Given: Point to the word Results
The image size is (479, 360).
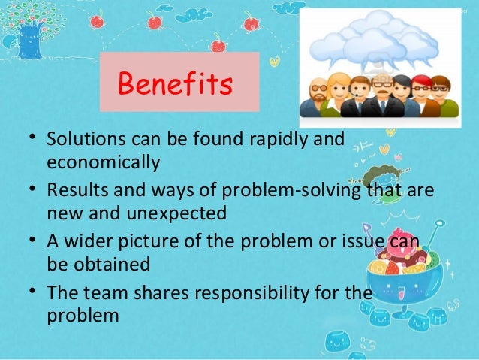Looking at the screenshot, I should pos(74,192).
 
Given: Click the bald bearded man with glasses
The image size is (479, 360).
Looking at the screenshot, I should pos(317,98).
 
